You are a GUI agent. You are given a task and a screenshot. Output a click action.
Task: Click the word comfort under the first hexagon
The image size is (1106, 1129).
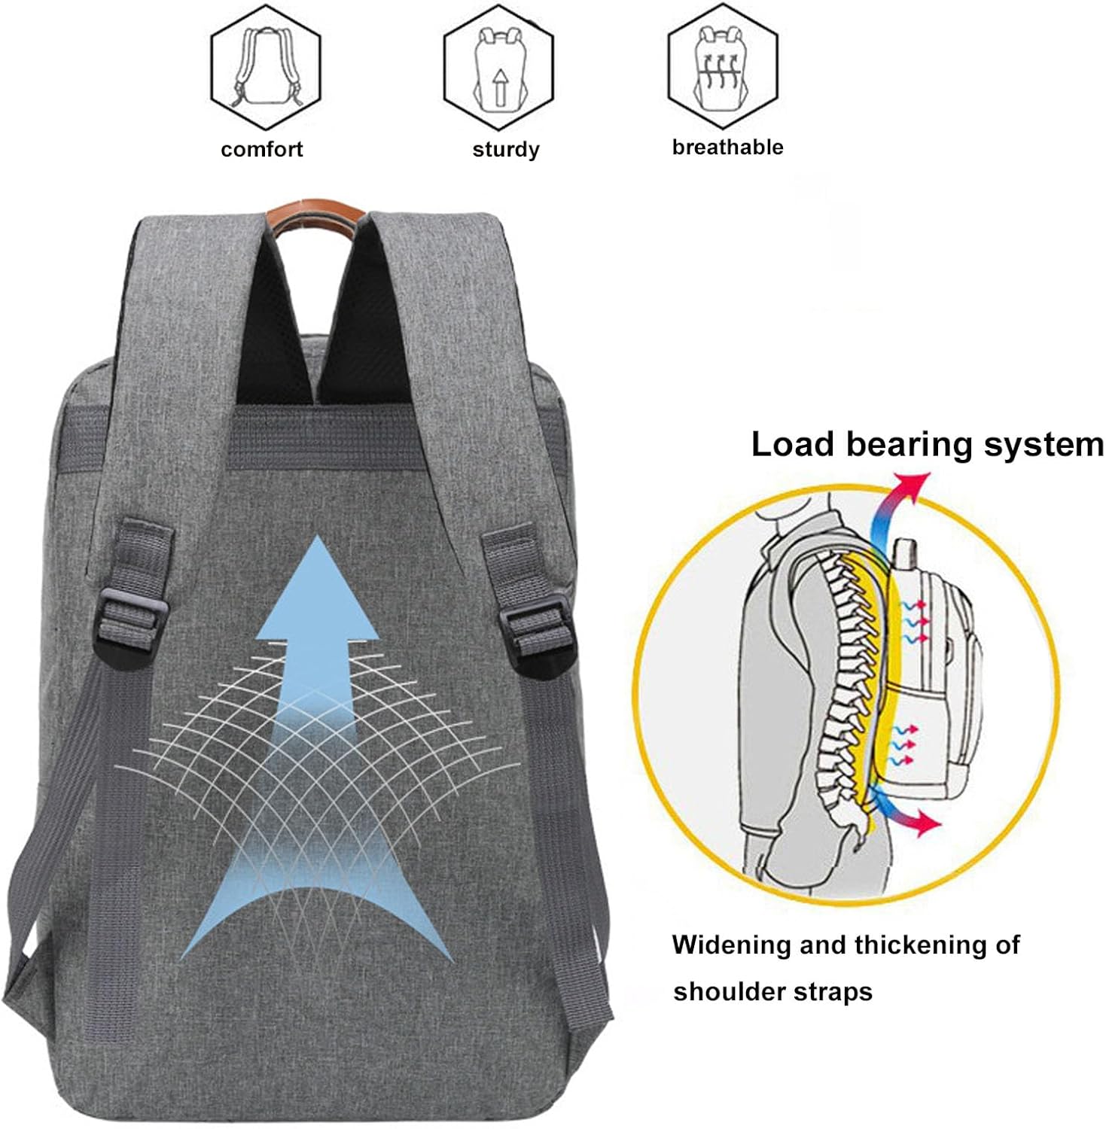point(261,149)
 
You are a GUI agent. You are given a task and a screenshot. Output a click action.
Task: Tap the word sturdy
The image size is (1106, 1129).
point(505,149)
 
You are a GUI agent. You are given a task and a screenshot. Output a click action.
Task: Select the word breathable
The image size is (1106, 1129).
point(727,147)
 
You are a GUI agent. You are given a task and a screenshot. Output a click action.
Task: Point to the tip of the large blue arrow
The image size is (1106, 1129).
point(318,542)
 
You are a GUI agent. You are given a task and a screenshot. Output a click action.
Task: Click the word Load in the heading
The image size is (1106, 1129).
point(791,444)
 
